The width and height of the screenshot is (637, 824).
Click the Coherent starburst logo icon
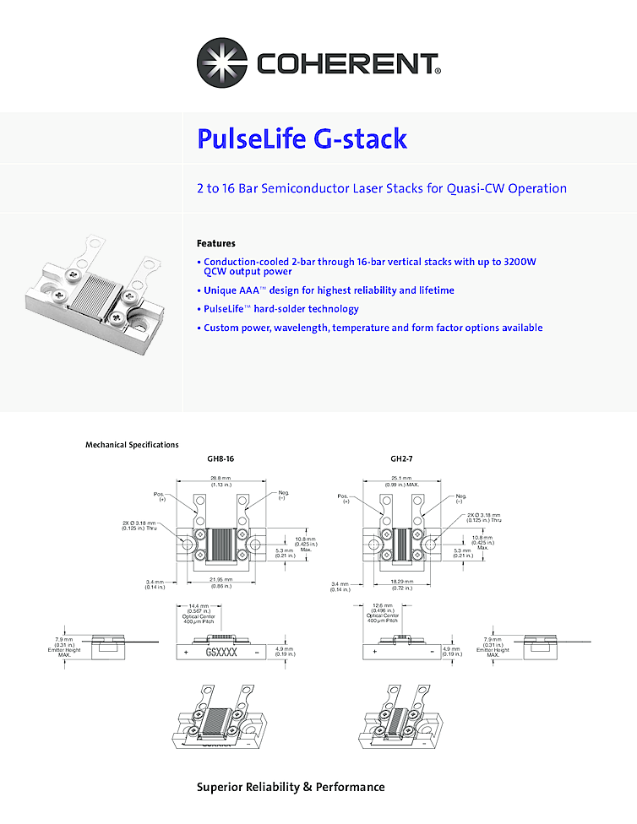click(x=224, y=63)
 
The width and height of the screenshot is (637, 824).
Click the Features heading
click(x=215, y=243)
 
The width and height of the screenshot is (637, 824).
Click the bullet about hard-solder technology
click(x=280, y=309)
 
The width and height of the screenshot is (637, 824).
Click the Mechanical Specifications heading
click(x=132, y=444)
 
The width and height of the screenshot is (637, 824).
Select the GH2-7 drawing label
click(x=401, y=460)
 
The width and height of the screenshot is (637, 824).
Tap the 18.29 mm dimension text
click(x=401, y=582)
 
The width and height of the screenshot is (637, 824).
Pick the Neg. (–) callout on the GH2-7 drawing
click(x=461, y=498)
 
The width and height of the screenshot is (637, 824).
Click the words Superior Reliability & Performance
click(x=291, y=787)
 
